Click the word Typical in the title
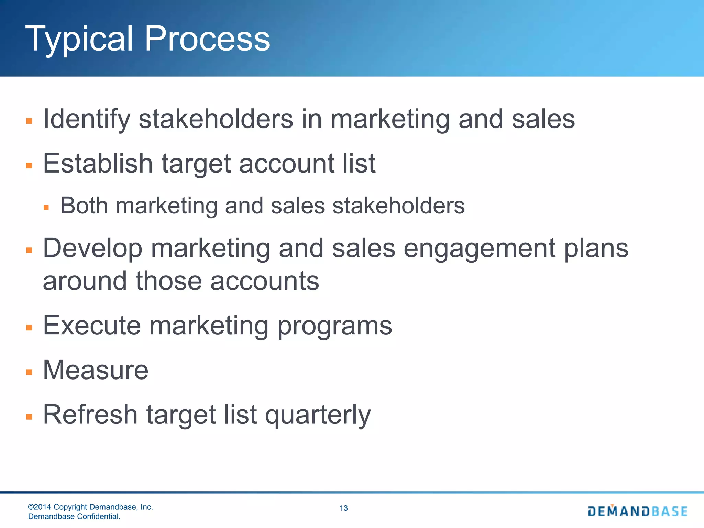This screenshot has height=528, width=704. point(79,40)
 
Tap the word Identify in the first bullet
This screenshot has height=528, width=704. point(86,119)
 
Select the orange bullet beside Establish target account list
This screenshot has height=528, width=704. point(29,166)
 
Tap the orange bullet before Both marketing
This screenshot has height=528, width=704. point(46,208)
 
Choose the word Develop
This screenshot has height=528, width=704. point(92,249)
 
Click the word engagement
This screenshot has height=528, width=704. point(480,249)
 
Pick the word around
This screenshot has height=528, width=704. point(85,281)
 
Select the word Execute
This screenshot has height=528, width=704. point(92,326)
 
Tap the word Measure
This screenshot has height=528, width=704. point(96,370)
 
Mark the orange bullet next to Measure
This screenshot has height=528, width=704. point(29,372)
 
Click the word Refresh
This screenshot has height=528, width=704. point(90,415)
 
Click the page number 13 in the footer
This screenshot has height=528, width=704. point(343,508)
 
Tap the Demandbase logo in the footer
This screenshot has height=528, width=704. point(638,511)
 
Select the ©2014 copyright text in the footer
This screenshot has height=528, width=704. point(90,507)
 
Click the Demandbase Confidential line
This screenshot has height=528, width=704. point(74,516)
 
